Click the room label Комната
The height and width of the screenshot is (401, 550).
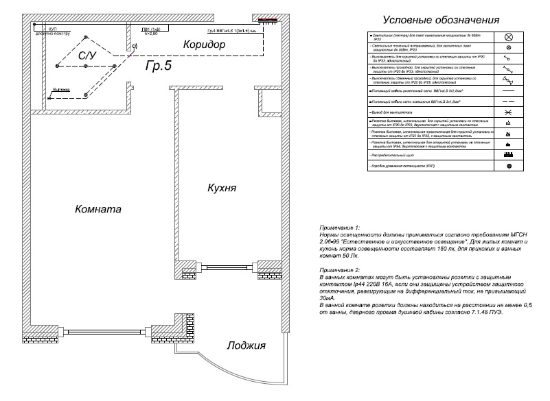click(99, 209)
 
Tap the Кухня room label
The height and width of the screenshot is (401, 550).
click(222, 186)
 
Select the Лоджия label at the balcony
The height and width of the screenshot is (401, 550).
click(246, 345)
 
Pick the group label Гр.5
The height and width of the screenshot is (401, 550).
click(159, 66)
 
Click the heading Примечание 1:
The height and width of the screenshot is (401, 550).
click(339, 226)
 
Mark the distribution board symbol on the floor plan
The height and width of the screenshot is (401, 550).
click(268, 20)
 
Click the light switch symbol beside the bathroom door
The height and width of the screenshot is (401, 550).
click(135, 46)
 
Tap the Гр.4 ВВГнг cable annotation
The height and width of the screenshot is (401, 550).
click(231, 32)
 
